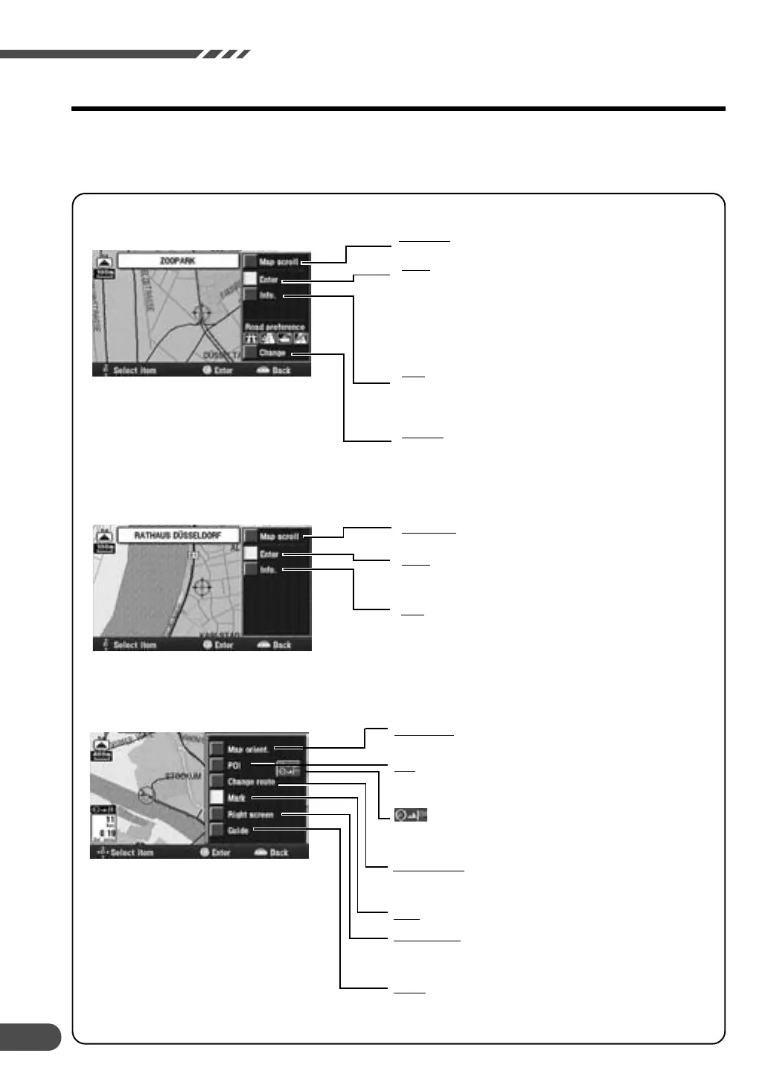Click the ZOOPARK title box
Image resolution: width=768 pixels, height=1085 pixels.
point(177,262)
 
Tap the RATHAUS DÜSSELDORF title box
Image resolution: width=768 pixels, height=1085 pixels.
point(177,536)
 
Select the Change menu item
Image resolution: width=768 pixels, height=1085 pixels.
point(272,353)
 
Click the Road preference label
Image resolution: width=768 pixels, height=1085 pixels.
point(275,327)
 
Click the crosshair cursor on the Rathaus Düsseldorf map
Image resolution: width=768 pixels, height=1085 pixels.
point(199,589)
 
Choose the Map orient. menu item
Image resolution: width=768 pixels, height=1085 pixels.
point(248,749)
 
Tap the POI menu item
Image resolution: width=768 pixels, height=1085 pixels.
point(234,765)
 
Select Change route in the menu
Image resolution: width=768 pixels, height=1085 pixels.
point(251,782)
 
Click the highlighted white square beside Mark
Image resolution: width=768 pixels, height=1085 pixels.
point(216,798)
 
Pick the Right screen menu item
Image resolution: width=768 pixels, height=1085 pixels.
point(250,814)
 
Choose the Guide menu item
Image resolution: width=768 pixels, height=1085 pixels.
point(238,830)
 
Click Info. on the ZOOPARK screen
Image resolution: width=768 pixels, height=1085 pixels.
point(268,295)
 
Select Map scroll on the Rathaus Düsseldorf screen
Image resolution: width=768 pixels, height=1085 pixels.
point(278,537)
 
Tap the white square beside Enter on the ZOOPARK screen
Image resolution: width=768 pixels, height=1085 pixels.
point(250,279)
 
